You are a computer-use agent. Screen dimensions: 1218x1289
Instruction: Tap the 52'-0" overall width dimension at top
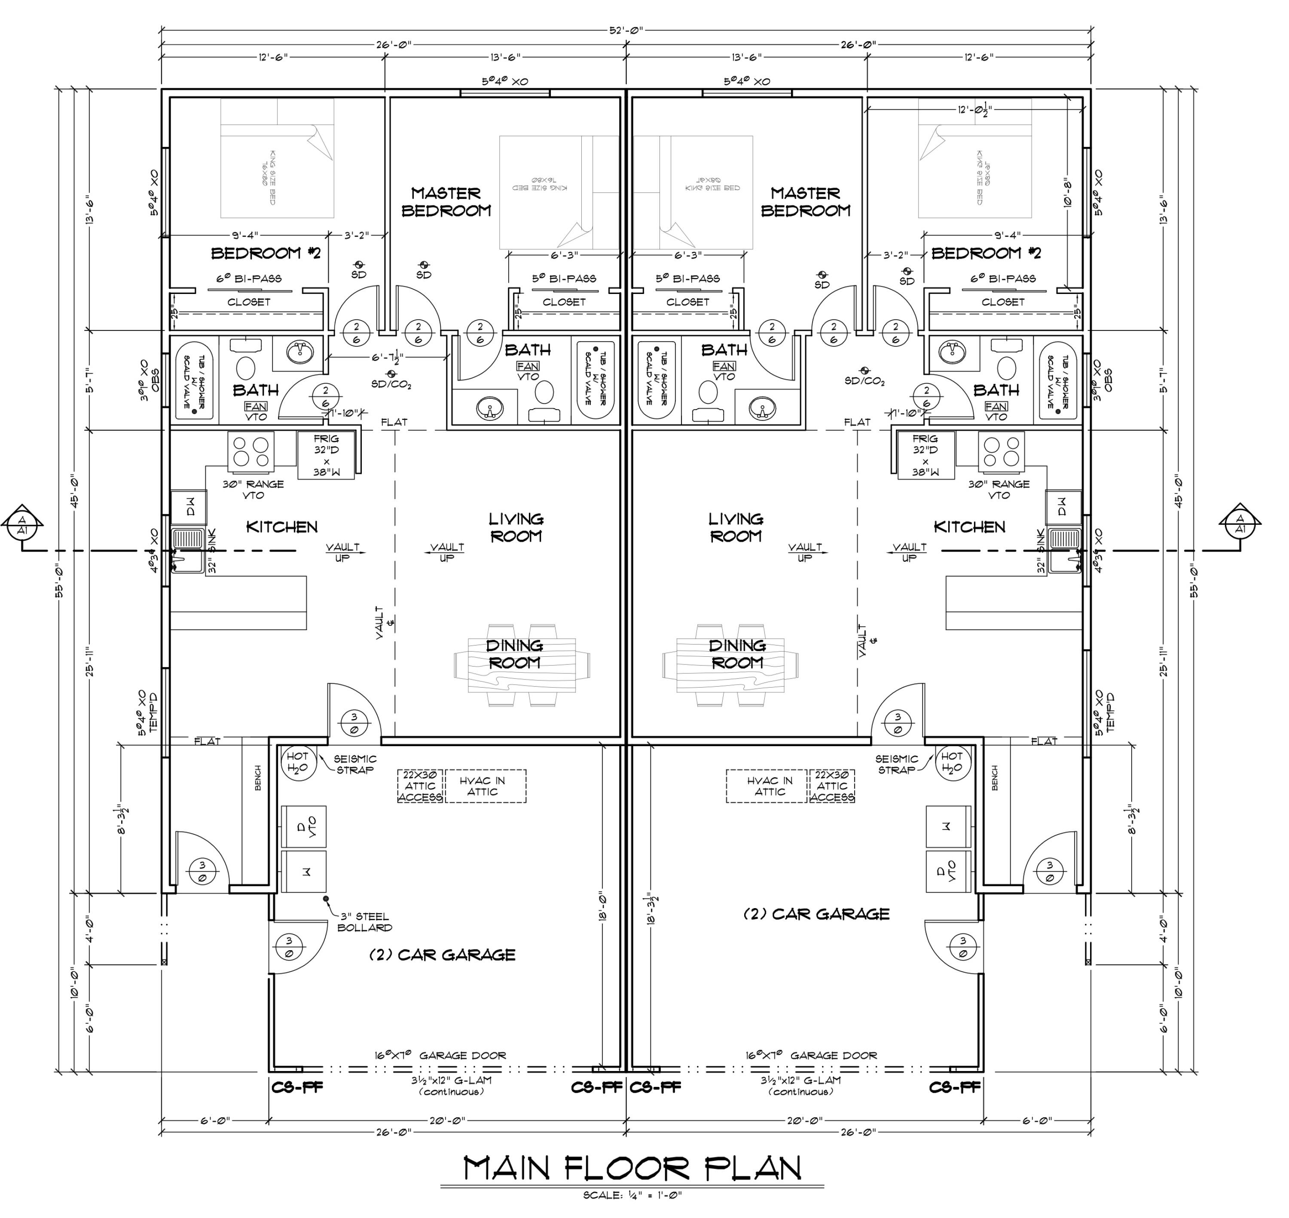(626, 30)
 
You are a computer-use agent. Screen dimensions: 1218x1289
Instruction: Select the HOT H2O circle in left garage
(298, 763)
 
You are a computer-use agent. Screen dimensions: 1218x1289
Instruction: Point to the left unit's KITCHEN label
(282, 526)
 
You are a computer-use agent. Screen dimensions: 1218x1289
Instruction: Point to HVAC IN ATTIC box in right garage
(770, 786)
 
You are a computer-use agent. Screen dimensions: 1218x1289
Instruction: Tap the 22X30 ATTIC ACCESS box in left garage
(420, 786)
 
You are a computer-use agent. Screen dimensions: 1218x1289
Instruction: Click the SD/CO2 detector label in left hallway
(391, 384)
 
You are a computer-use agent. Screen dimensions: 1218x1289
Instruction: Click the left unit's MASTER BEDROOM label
(446, 202)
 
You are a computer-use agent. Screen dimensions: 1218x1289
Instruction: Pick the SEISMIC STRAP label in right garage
(896, 764)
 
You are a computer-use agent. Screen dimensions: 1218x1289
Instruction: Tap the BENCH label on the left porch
(258, 778)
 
